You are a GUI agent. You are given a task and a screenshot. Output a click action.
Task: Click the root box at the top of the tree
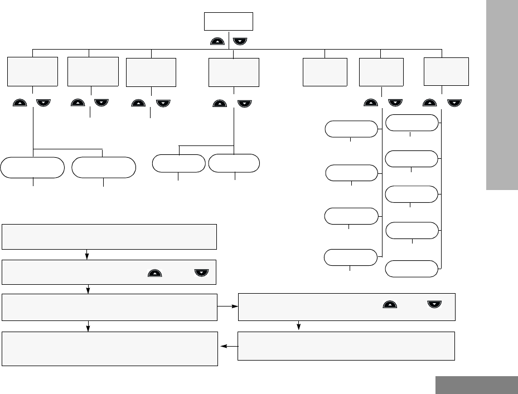click(x=229, y=21)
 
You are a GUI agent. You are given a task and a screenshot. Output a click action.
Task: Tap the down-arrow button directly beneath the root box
click(x=240, y=41)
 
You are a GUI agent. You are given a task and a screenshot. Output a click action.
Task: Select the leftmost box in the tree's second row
click(x=33, y=71)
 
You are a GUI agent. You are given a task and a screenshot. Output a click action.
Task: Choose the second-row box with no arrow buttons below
click(x=325, y=72)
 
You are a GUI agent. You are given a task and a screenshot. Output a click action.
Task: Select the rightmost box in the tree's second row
click(x=446, y=71)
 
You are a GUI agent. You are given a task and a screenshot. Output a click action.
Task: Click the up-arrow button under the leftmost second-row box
click(x=20, y=103)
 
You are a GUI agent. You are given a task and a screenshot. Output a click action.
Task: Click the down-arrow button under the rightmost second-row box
click(x=455, y=103)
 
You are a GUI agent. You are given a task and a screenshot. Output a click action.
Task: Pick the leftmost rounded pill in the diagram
click(x=32, y=167)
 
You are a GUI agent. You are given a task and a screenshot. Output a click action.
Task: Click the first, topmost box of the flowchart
click(x=109, y=236)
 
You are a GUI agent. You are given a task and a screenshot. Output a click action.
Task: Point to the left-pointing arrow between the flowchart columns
click(x=227, y=346)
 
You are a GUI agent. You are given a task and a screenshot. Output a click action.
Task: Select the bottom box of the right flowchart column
click(x=346, y=346)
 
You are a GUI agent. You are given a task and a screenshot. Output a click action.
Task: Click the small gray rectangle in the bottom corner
click(x=477, y=385)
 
